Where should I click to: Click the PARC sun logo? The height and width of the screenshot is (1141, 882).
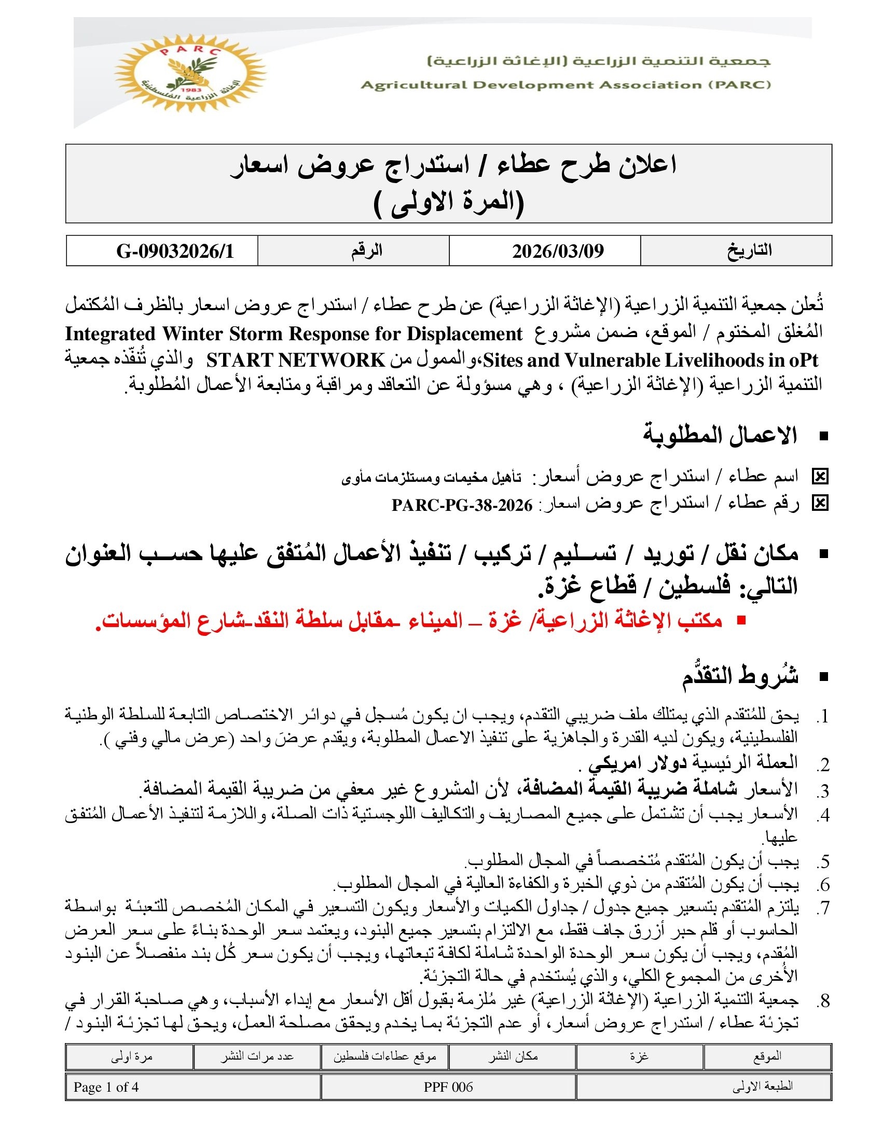(x=190, y=74)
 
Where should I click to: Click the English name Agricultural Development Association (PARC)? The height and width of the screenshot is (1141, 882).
(x=566, y=85)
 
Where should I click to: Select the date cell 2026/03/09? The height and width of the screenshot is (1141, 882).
(x=558, y=252)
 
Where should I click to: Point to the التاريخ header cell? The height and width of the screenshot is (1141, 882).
(x=749, y=251)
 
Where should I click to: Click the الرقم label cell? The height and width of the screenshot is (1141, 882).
(x=366, y=251)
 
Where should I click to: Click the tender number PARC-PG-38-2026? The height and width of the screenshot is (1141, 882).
(x=462, y=505)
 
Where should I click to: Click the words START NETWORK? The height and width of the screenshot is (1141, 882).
(x=296, y=360)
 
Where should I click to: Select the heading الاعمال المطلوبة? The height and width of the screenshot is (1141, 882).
(x=720, y=436)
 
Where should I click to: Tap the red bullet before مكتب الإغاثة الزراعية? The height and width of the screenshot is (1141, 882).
(x=740, y=621)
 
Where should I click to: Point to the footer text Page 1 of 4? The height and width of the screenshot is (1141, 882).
(x=106, y=1087)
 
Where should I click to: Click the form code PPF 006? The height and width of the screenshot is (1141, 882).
(x=448, y=1087)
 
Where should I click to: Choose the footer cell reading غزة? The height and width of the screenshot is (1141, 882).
(x=639, y=1056)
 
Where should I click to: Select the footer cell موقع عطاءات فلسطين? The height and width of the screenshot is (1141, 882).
(x=384, y=1056)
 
